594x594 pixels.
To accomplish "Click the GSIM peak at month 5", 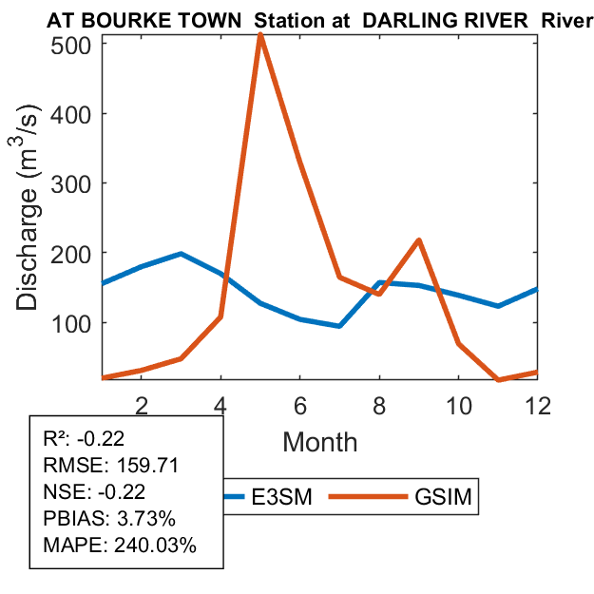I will pos(259,35).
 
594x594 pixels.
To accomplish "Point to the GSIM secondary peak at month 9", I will pos(418,240).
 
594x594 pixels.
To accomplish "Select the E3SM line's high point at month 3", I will pos(181,254).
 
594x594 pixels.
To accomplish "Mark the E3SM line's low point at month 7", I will pos(339,326).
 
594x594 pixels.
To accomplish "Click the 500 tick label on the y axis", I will pos(70,45).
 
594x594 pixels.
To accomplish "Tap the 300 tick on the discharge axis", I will pos(70,183).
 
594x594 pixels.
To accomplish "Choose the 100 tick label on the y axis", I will pos(70,323).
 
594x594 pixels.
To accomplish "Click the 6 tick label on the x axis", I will pos(299,403).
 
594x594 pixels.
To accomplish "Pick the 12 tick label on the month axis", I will pos(537,403).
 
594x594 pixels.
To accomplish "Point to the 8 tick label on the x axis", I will pos(378,403).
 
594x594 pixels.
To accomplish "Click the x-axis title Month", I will pos(319,442).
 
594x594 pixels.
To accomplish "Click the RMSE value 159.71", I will pos(146,467).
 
